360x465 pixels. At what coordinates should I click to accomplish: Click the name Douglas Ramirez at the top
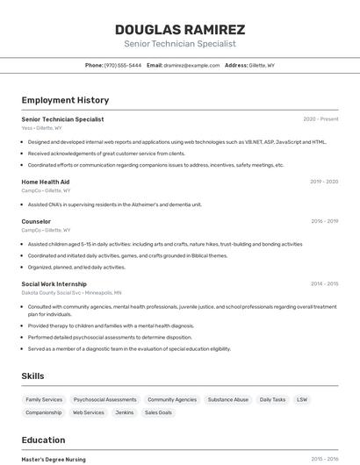pyautogui.click(x=180, y=29)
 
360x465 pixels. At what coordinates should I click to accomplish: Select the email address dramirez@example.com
pyautogui.click(x=191, y=66)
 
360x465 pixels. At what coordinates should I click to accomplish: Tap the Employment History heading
pyautogui.click(x=65, y=100)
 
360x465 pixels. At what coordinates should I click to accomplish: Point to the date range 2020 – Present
pyautogui.click(x=320, y=119)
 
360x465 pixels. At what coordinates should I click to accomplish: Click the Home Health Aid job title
pyautogui.click(x=46, y=182)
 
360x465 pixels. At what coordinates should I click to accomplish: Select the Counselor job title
pyautogui.click(x=36, y=221)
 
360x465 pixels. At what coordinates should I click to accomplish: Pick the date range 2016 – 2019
pyautogui.click(x=324, y=221)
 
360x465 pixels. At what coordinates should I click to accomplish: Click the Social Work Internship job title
pyautogui.click(x=54, y=283)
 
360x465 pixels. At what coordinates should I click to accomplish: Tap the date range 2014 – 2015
pyautogui.click(x=324, y=283)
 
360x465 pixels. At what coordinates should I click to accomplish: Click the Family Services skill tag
pyautogui.click(x=44, y=399)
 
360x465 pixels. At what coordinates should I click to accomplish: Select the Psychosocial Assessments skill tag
pyautogui.click(x=104, y=399)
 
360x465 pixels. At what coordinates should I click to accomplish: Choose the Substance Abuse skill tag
pyautogui.click(x=228, y=399)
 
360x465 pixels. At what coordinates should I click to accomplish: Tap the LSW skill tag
pyautogui.click(x=302, y=399)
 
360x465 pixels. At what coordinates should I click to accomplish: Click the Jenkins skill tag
pyautogui.click(x=125, y=412)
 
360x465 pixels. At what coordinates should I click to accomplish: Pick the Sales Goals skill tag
pyautogui.click(x=158, y=412)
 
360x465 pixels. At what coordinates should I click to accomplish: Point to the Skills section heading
pyautogui.click(x=33, y=376)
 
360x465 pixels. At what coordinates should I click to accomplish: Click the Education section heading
pyautogui.click(x=44, y=440)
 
